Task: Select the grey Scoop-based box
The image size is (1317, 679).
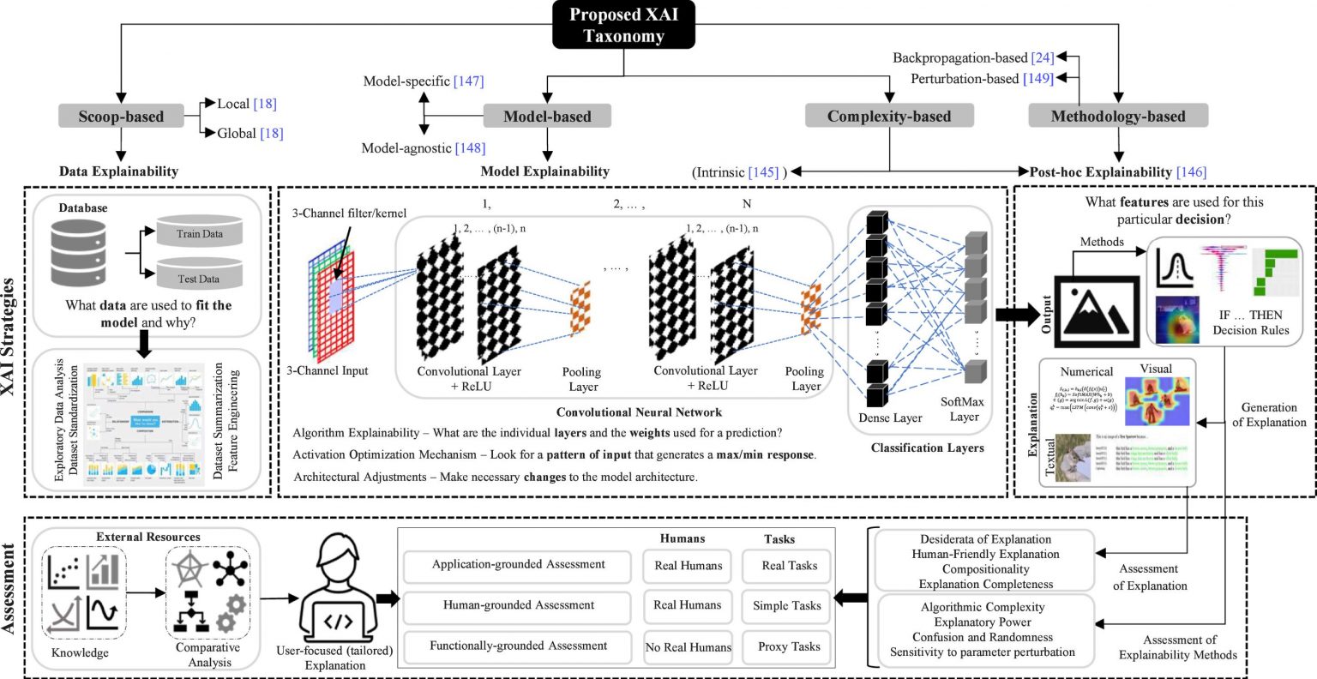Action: click(121, 117)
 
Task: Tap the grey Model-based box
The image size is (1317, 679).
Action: click(547, 117)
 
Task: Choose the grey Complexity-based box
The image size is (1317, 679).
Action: click(889, 117)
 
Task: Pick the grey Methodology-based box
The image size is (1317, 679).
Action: click(1118, 117)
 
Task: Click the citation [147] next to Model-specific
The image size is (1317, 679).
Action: click(469, 81)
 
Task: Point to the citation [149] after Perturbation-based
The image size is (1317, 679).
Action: click(1038, 79)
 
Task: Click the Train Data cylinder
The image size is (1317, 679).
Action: click(199, 233)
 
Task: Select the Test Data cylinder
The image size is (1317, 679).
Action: click(199, 277)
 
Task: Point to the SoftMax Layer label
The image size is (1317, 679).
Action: click(963, 409)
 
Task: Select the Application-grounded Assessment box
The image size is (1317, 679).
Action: click(518, 565)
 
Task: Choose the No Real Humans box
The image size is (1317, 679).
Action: click(688, 647)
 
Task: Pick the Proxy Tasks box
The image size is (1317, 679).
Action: click(789, 646)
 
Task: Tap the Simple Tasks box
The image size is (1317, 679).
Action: click(787, 605)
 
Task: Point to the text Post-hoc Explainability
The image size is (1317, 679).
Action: click(1100, 172)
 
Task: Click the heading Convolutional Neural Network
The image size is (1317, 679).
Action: click(639, 412)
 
